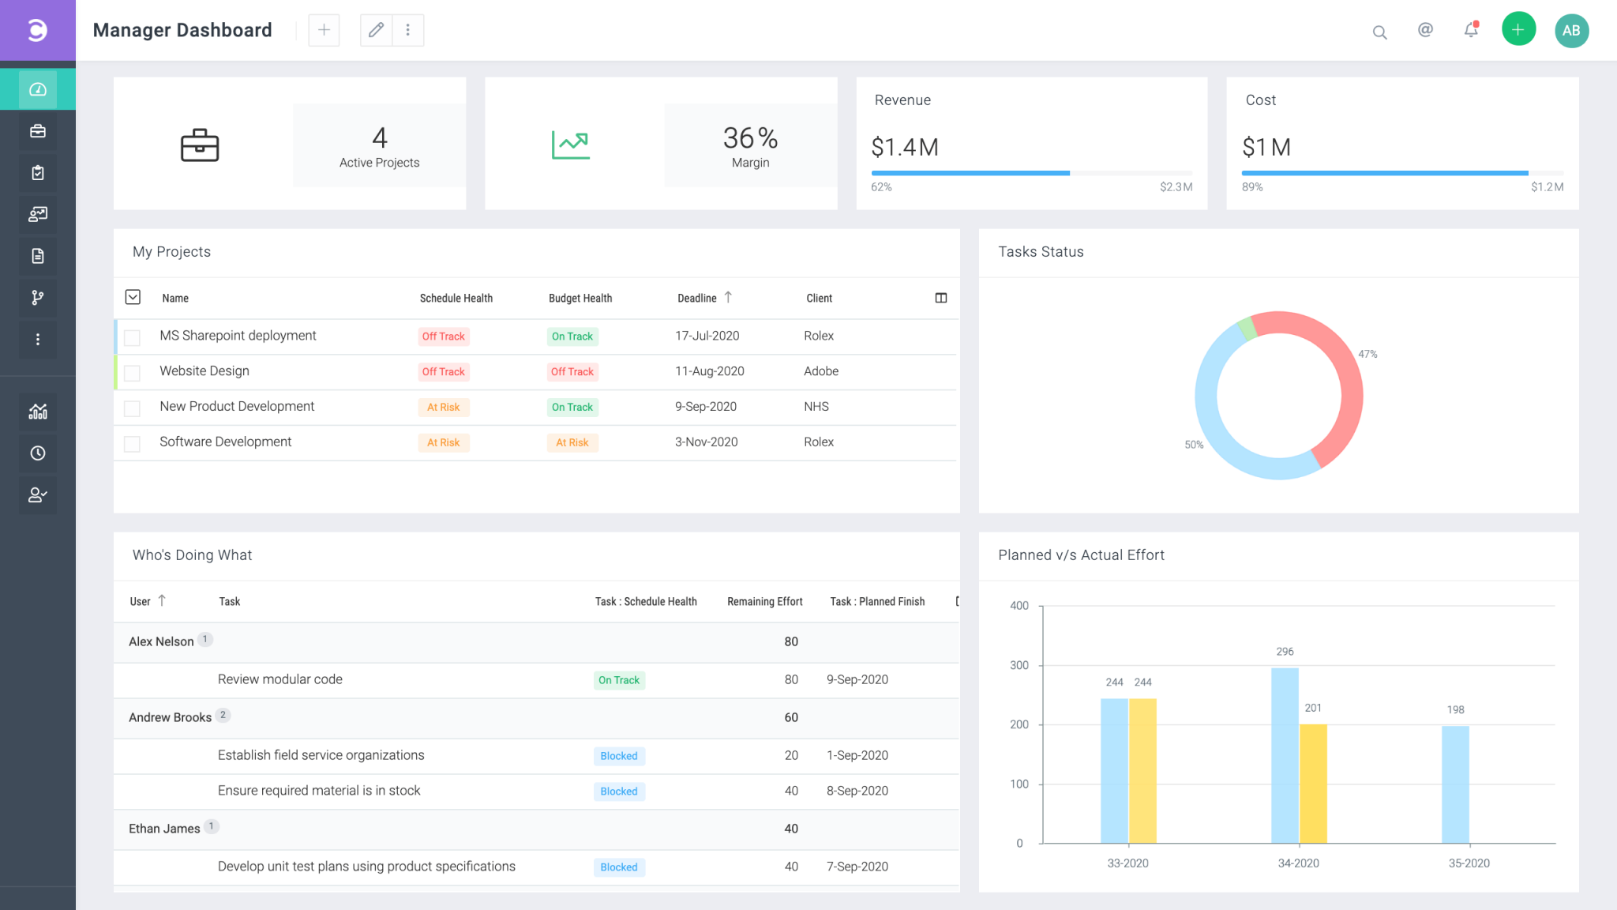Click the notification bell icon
point(1470,31)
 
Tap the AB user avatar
point(1571,31)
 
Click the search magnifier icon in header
point(1379,32)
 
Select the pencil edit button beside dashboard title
point(376,30)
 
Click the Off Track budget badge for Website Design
point(572,372)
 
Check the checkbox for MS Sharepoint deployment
point(133,338)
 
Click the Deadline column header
point(697,299)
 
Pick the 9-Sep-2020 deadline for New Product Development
point(705,407)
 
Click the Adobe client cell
point(820,371)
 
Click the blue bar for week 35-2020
point(1454,784)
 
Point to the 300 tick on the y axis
point(1019,665)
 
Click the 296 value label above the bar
point(1285,652)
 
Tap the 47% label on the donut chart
point(1368,355)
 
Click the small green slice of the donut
point(1246,327)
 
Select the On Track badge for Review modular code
point(619,680)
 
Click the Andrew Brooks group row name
point(170,717)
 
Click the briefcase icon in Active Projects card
point(200,145)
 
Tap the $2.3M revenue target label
point(1176,187)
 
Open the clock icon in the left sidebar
point(38,453)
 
